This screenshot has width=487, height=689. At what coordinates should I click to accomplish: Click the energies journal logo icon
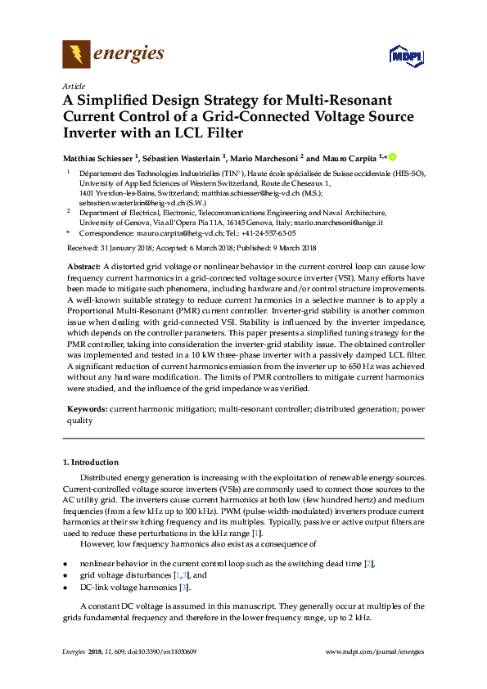[77, 54]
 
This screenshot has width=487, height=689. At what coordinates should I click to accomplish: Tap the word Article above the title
[73, 86]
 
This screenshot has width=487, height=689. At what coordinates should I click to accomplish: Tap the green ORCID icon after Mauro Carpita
[391, 156]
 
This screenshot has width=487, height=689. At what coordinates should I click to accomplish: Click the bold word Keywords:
[87, 408]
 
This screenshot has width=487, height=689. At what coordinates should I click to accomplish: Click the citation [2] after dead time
[368, 565]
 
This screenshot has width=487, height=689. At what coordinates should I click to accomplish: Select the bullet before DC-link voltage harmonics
[65, 588]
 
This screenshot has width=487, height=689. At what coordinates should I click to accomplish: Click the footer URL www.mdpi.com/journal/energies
[375, 651]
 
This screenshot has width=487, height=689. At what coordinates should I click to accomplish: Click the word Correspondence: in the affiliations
[104, 232]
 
